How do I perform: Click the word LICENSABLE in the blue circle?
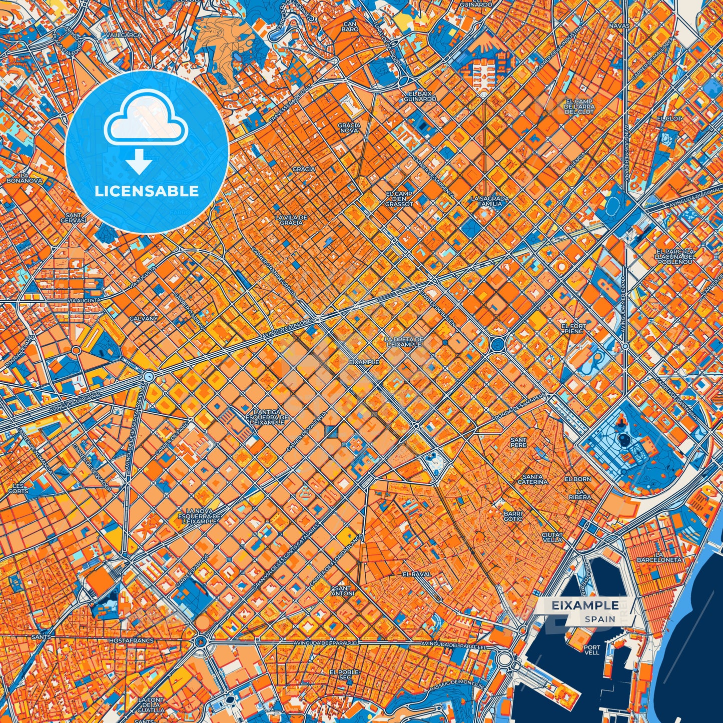click(x=146, y=191)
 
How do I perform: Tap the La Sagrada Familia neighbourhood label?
click(x=490, y=201)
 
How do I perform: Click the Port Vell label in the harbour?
click(x=592, y=649)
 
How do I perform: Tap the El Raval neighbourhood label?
click(x=417, y=574)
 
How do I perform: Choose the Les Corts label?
click(x=18, y=488)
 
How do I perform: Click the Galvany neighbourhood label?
click(x=143, y=318)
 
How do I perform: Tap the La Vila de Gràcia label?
click(x=291, y=220)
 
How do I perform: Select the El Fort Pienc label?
click(x=573, y=328)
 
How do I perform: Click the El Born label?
click(x=578, y=479)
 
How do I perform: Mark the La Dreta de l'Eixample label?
click(x=404, y=342)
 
